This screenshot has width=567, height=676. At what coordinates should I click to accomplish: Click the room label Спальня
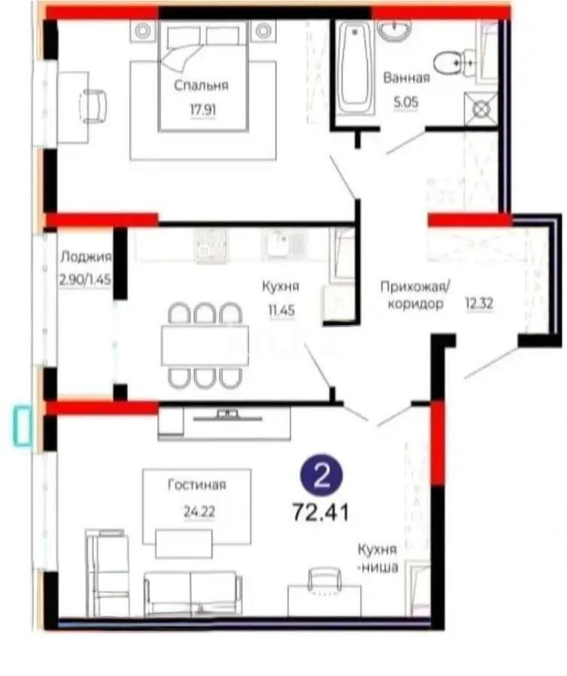coord(201,86)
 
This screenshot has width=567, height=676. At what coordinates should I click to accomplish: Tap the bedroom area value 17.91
coord(201,107)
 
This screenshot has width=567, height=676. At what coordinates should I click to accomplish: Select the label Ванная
coord(406,78)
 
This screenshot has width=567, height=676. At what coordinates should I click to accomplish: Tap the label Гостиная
coord(197,484)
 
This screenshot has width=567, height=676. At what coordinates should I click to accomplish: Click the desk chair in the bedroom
coord(95,105)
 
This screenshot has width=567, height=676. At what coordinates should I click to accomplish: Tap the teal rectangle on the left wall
coord(23,426)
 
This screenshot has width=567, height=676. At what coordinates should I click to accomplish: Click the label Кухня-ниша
coord(376,558)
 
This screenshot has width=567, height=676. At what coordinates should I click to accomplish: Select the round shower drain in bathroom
coord(481,109)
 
